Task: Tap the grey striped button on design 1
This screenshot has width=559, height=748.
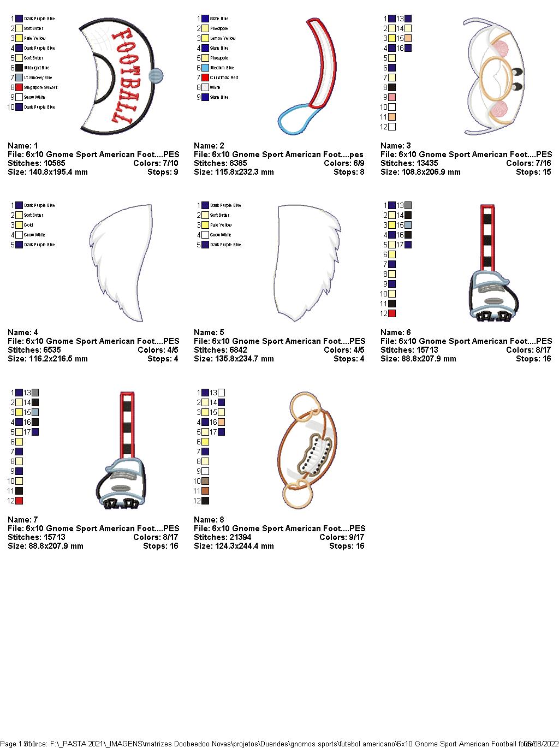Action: pyautogui.click(x=156, y=76)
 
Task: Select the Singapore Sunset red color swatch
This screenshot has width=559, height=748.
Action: pyautogui.click(x=19, y=87)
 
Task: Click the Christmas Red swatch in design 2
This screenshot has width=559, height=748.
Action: pyautogui.click(x=205, y=78)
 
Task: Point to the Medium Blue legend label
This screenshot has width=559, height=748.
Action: pyautogui.click(x=222, y=68)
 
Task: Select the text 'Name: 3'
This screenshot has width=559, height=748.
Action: pyautogui.click(x=396, y=146)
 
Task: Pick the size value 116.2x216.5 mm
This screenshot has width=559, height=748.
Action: pyautogui.click(x=58, y=359)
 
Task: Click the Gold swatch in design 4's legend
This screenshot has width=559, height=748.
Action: pyautogui.click(x=19, y=225)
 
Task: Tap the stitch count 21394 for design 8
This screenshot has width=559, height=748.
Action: pyautogui.click(x=240, y=537)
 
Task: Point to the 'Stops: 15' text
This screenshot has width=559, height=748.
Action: pyautogui.click(x=533, y=172)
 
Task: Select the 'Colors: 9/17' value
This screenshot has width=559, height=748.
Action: pyautogui.click(x=342, y=537)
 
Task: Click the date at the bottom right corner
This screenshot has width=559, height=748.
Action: pyautogui.click(x=541, y=744)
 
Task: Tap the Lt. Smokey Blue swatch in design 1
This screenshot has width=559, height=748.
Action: pyautogui.click(x=19, y=78)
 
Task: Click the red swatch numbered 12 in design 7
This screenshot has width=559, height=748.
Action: pyautogui.click(x=19, y=501)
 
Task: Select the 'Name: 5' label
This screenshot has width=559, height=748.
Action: pyautogui.click(x=209, y=333)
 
